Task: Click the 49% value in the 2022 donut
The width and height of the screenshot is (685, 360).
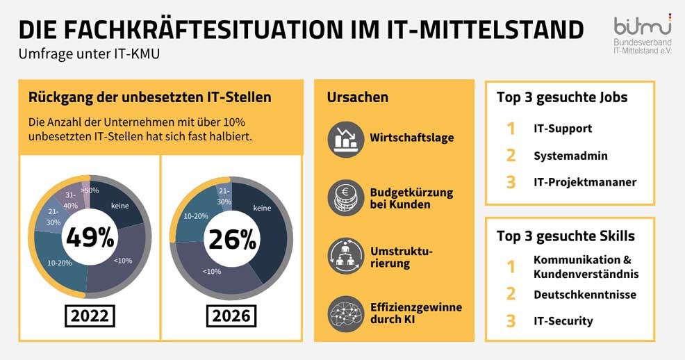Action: coord(90,238)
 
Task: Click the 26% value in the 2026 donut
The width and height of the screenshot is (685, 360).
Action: coord(232,238)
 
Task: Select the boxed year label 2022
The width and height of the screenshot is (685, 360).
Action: coord(90,316)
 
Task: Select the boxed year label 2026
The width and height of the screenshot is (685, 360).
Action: coord(232,316)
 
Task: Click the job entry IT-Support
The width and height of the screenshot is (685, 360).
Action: coord(562,129)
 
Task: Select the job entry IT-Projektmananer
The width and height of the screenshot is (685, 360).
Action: coord(584,182)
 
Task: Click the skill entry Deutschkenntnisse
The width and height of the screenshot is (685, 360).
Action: coord(584,295)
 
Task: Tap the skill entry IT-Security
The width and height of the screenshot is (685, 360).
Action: coord(563,321)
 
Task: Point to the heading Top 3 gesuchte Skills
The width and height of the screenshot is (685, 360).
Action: coord(566,236)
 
